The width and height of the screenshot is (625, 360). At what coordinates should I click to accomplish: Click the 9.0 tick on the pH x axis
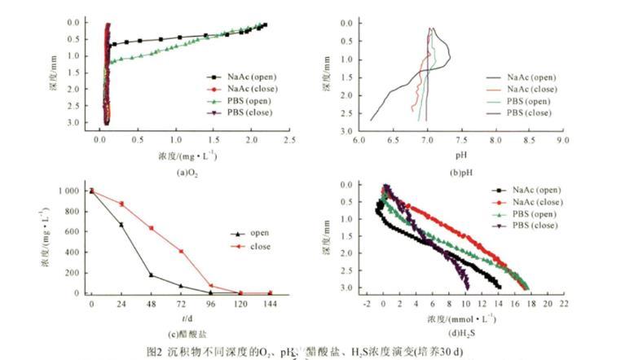coord(563,139)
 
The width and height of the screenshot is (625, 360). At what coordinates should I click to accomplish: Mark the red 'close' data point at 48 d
coord(151,228)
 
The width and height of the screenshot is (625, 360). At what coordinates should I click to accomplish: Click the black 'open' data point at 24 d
coord(121,225)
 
